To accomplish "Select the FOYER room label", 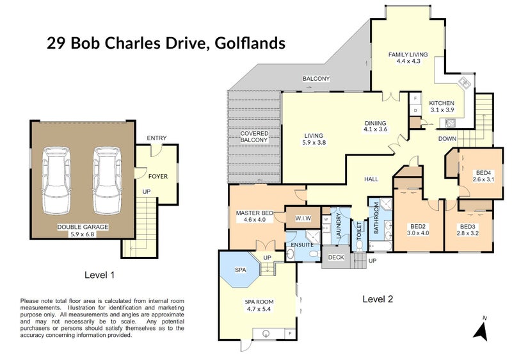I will (x=158, y=176).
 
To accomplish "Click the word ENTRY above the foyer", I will (x=156, y=138).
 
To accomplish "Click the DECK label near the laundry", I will (x=335, y=258).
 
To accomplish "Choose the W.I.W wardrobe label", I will (x=303, y=219).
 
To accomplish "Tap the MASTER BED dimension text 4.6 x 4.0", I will (x=255, y=220).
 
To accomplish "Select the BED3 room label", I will (x=468, y=226).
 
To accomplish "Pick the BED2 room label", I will (x=418, y=226).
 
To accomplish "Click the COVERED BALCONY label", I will (x=254, y=136).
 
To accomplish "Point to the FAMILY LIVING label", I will (x=408, y=55).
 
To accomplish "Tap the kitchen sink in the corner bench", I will (x=464, y=85).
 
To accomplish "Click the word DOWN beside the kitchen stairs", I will (x=447, y=138).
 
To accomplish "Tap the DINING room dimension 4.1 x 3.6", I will (x=376, y=129).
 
